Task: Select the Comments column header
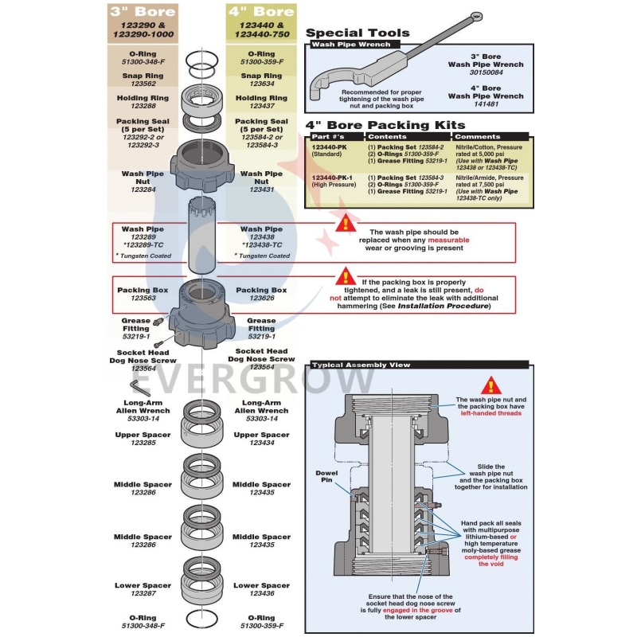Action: (x=478, y=137)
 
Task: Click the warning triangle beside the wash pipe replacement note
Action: (x=345, y=224)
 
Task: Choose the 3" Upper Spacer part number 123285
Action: (x=143, y=442)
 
